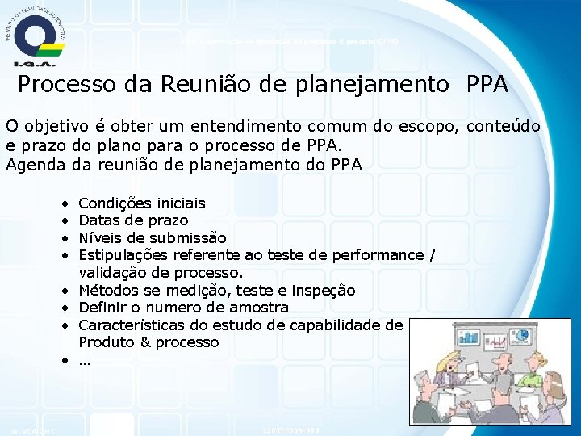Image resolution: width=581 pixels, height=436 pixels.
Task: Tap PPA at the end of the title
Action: (487, 85)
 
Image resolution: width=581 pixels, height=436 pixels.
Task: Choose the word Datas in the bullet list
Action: (98, 220)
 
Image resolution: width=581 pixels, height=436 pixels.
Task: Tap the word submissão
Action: (185, 237)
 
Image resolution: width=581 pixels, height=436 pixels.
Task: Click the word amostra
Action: (259, 308)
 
